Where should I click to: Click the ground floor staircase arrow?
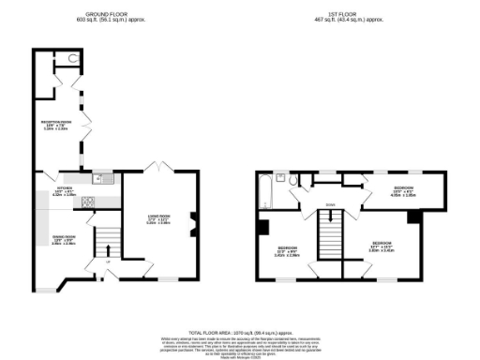(110, 251)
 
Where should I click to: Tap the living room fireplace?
(193, 223)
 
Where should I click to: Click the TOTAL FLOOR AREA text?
(239, 334)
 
